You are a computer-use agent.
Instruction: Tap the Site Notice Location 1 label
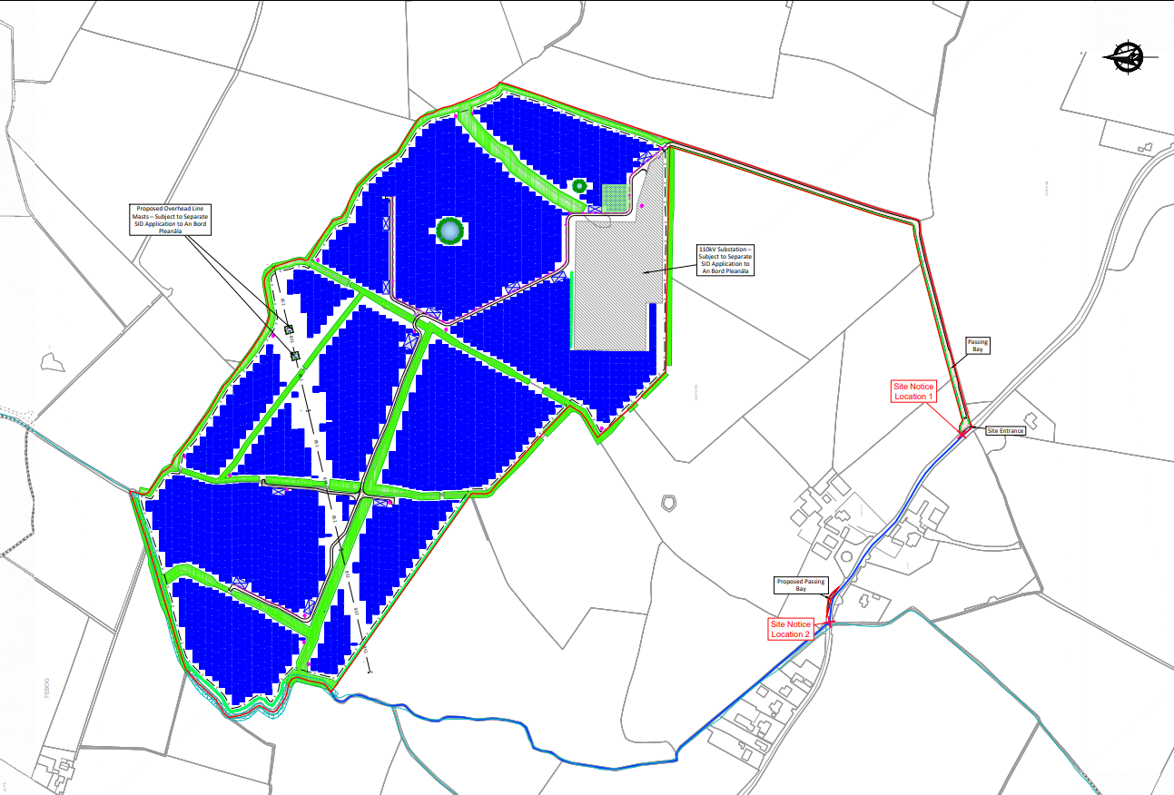(913, 391)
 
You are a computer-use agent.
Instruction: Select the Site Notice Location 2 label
(789, 629)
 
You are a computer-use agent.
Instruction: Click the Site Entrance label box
(1006, 431)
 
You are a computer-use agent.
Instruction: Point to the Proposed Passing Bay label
(801, 584)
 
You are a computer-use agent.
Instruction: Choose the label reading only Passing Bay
(977, 346)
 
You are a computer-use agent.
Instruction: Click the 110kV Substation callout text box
(725, 260)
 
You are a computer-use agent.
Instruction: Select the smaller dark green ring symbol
(578, 186)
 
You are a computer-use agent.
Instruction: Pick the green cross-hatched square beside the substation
(616, 197)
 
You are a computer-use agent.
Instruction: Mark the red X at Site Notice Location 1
(962, 435)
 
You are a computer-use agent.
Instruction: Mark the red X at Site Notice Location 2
(829, 623)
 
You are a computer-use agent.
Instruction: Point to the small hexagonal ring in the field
(669, 502)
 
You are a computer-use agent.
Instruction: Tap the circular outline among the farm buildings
(846, 556)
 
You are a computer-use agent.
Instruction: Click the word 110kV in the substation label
(706, 248)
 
